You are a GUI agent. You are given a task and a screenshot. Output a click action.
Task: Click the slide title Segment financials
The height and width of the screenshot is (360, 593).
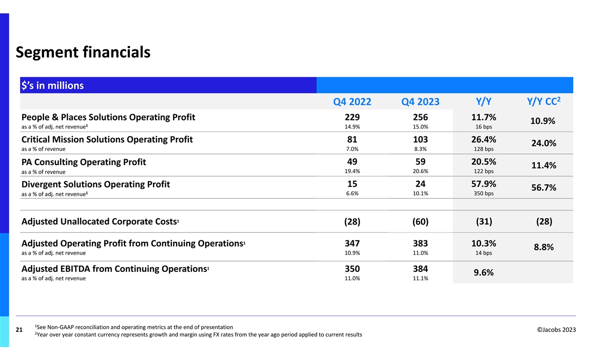(x=83, y=51)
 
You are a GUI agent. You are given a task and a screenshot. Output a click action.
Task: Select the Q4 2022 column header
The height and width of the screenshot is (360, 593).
(x=352, y=102)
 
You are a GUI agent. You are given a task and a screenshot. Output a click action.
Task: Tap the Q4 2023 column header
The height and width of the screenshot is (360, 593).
(x=421, y=102)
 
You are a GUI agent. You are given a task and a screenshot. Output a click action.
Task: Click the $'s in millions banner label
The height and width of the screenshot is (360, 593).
(x=52, y=86)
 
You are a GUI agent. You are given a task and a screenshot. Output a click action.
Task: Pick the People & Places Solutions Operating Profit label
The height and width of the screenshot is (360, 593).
(x=108, y=117)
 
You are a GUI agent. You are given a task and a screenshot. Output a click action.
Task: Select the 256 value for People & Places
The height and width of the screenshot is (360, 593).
(x=421, y=117)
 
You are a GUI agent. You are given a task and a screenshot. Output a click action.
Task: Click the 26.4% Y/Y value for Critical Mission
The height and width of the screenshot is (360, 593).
(x=483, y=139)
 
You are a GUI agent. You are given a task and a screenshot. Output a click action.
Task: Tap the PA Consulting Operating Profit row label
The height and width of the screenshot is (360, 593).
(x=84, y=162)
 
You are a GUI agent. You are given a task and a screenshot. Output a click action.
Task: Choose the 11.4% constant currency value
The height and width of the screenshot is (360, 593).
(x=544, y=166)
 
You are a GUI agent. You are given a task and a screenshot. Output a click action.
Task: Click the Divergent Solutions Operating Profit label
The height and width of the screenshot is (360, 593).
(x=96, y=184)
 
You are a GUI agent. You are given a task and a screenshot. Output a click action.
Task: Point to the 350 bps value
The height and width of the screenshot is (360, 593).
(x=483, y=193)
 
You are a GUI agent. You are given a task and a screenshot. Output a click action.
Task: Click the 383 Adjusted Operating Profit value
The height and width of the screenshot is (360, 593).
(x=421, y=243)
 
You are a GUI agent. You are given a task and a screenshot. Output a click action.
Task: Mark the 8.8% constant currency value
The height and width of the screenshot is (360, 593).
(x=544, y=247)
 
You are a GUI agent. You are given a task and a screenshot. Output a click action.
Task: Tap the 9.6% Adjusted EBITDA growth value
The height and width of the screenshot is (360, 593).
(x=483, y=273)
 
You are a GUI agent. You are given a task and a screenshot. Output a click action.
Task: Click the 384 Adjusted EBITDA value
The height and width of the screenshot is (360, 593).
(x=421, y=269)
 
